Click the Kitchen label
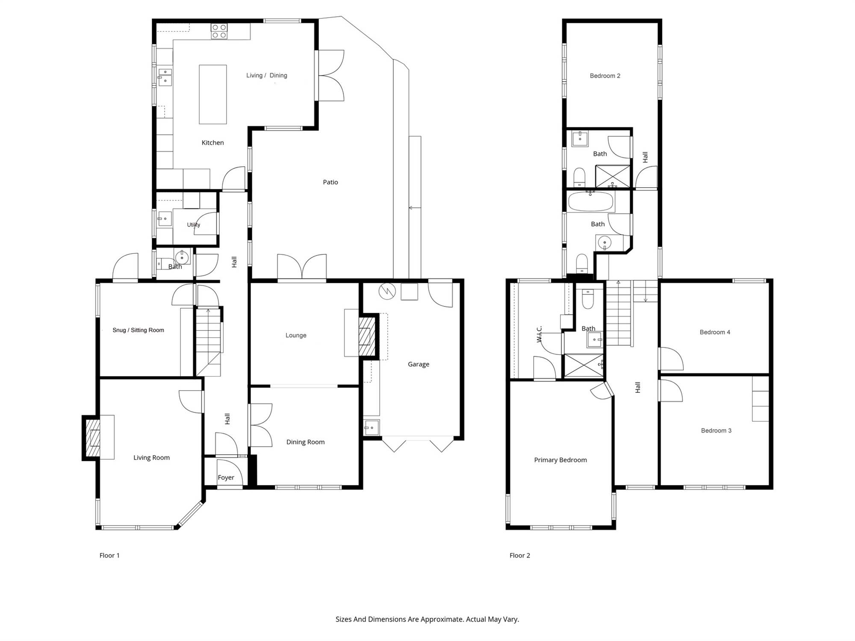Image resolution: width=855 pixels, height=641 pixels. [212, 143]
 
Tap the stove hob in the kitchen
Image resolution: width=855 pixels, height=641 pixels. [219, 32]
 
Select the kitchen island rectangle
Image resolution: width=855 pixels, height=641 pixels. [213, 94]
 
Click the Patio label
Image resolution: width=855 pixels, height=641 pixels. [330, 182]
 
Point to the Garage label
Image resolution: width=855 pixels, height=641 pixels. [419, 364]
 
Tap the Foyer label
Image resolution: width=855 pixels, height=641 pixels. [226, 478]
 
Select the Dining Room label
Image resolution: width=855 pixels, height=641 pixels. [305, 442]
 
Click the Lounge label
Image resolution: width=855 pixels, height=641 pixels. [296, 335]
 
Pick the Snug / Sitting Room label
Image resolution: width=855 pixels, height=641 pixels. [138, 330]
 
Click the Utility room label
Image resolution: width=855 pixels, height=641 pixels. [193, 225]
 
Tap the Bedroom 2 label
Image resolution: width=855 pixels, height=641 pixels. [605, 76]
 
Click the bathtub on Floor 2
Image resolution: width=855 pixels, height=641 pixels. [591, 201]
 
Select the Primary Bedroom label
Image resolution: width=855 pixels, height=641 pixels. [560, 460]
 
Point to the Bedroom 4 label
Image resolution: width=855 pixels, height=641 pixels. [715, 332]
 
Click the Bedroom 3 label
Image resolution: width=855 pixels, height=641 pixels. [716, 430]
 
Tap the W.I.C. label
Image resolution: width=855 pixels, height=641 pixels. [540, 334]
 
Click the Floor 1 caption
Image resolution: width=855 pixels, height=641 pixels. [109, 556]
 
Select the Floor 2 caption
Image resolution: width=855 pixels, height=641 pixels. [520, 556]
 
